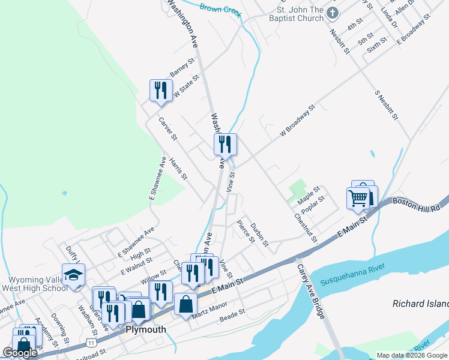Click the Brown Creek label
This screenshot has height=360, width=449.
click(x=220, y=9)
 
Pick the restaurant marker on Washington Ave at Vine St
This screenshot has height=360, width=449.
click(x=225, y=144)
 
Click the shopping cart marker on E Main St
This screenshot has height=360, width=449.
click(x=358, y=197)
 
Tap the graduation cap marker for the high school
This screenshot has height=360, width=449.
click(x=74, y=275)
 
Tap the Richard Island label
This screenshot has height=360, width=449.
click(x=420, y=304)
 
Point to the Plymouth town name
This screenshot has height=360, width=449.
click(x=145, y=329)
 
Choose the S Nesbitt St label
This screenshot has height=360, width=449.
click(x=387, y=105)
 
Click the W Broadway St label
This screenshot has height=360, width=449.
click(x=297, y=122)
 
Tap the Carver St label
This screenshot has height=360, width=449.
click(x=167, y=128)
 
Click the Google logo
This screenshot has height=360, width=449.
click(x=20, y=353)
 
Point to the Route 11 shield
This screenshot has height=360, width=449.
click(x=91, y=342)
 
